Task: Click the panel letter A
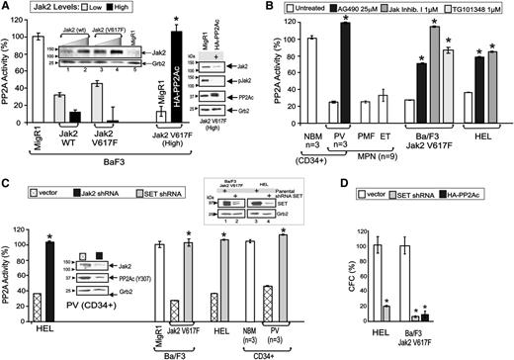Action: pyautogui.click(x=7, y=9)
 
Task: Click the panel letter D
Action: pyautogui.click(x=400, y=185)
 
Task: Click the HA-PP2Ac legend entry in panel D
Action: pyautogui.click(x=489, y=185)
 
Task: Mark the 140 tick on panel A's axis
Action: pyautogui.click(x=21, y=19)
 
